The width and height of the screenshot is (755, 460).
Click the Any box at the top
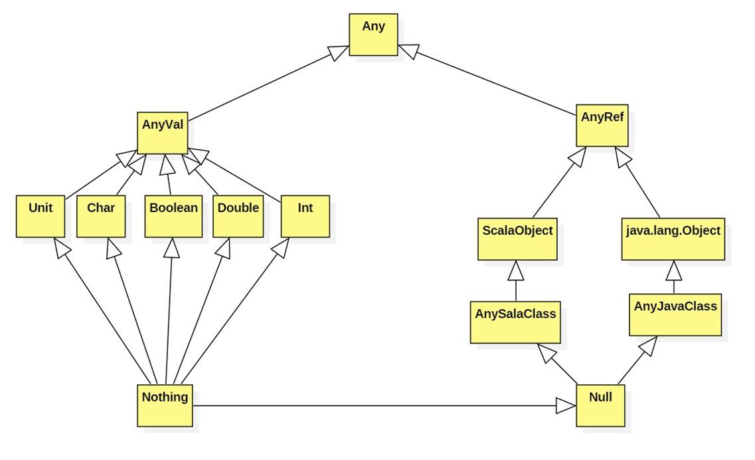(373, 35)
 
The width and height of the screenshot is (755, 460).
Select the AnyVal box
(163, 132)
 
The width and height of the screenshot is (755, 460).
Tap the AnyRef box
(602, 126)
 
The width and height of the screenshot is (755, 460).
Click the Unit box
(41, 216)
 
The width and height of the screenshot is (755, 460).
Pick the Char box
(101, 216)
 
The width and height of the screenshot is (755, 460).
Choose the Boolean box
(173, 216)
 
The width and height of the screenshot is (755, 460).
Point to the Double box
(238, 216)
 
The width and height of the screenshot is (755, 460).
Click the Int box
(305, 216)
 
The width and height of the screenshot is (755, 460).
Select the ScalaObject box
(517, 239)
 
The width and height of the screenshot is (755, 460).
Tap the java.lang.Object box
(673, 239)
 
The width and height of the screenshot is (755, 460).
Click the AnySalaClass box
(516, 321)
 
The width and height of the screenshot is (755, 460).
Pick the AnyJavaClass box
(675, 314)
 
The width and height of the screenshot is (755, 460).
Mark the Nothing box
(165, 405)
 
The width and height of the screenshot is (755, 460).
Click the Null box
(600, 405)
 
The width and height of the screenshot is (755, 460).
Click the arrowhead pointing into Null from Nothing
(566, 405)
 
